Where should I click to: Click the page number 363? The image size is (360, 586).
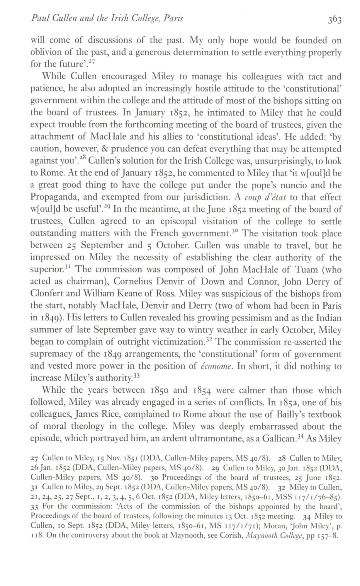333,20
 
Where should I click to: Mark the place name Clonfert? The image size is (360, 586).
44,294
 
